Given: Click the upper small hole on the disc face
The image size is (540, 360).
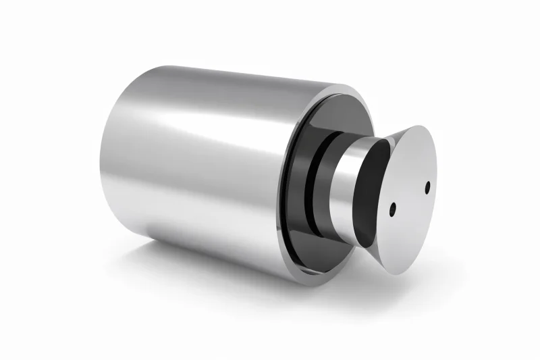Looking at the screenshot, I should coord(427,187).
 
